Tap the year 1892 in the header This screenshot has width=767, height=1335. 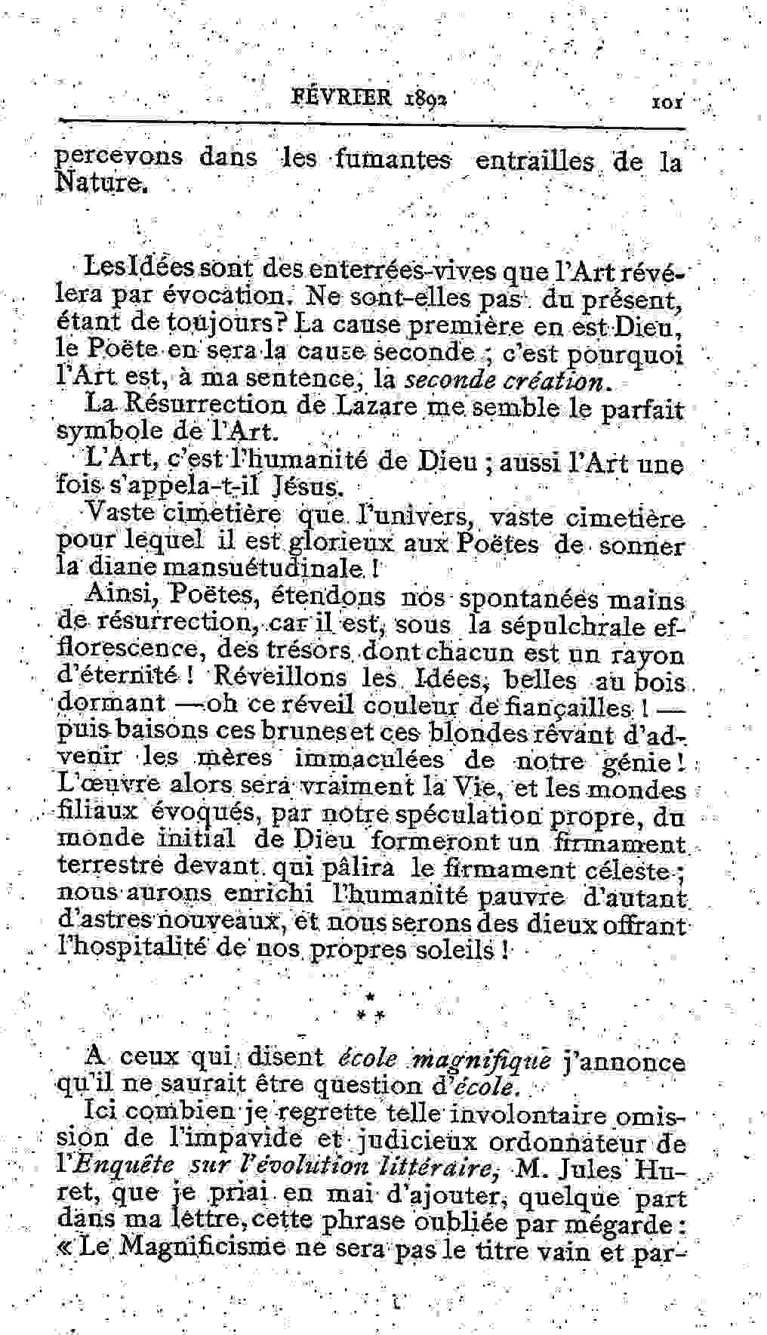[427, 99]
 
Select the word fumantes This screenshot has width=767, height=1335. [393, 159]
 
